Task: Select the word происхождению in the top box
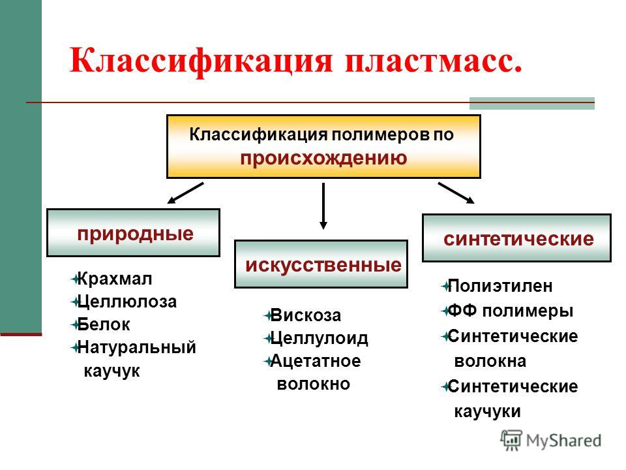tap(323, 158)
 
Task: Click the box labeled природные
tap(134, 233)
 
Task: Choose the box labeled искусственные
tap(321, 264)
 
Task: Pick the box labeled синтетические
tap(517, 238)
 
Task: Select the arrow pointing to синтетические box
tap(456, 193)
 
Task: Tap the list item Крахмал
tap(114, 279)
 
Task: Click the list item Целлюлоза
tap(127, 302)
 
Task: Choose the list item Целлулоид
tap(319, 338)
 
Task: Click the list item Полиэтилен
tap(501, 286)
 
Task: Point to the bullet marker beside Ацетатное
tap(268, 361)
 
